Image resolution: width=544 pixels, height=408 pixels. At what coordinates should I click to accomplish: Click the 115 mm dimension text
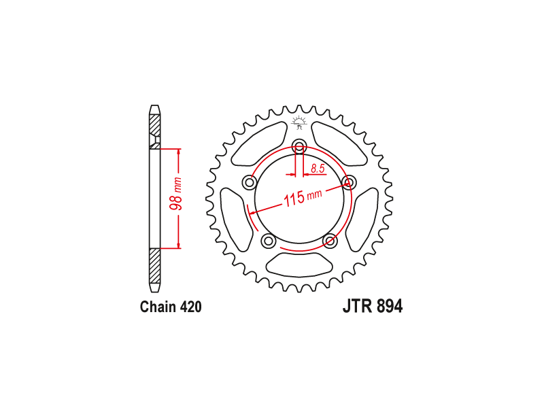tap(303, 198)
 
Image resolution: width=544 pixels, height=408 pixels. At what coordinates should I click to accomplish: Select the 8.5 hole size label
tap(318, 169)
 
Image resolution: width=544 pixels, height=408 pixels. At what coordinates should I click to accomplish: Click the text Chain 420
tap(171, 307)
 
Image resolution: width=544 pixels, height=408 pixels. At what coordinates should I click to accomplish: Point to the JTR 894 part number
tap(373, 307)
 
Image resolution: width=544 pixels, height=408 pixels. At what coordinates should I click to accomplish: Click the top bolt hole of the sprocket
tap(299, 146)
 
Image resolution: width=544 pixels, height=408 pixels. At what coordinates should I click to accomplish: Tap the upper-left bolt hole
tap(249, 182)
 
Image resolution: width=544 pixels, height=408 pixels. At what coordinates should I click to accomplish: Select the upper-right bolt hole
tap(349, 182)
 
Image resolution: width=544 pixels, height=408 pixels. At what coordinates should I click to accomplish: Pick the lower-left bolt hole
tap(268, 241)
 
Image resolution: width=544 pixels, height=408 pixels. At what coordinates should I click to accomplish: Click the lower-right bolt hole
tap(330, 241)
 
